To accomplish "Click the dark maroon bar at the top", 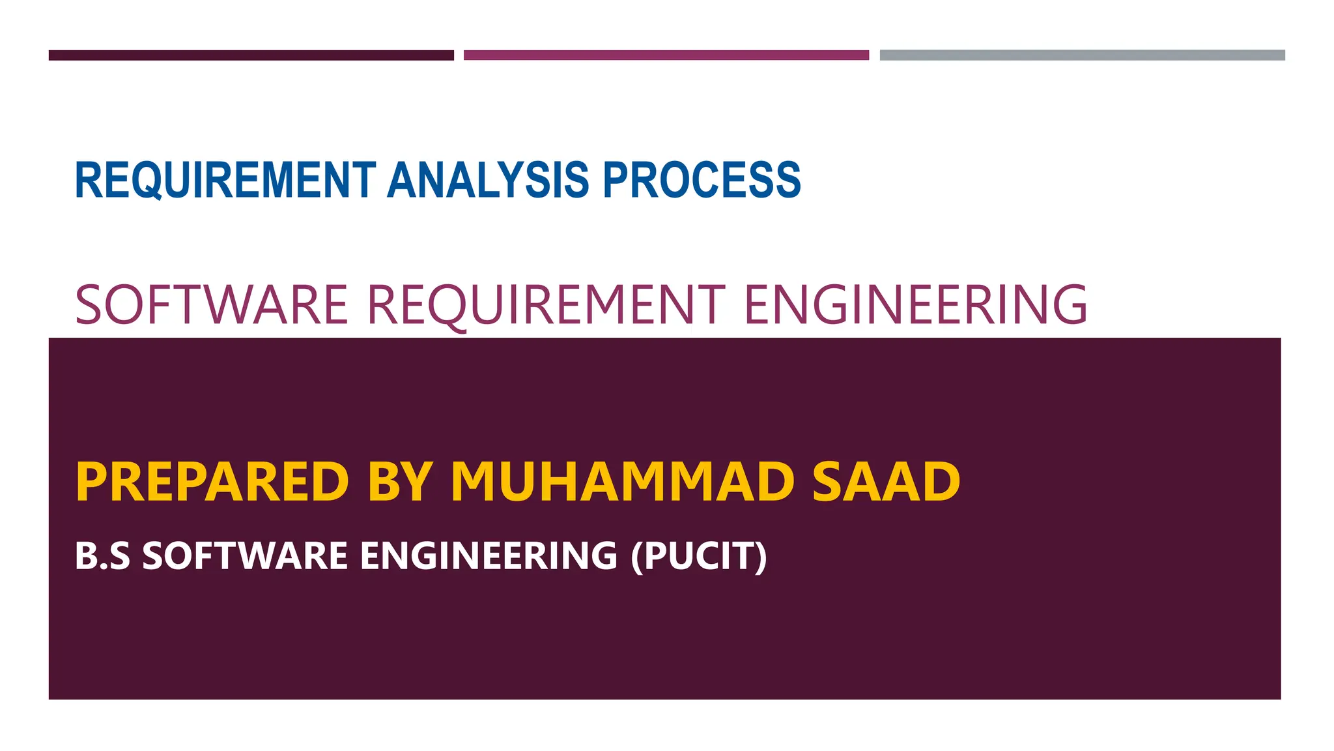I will tap(251, 55).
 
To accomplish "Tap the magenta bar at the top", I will tap(666, 55).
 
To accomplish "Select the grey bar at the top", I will tap(1082, 55).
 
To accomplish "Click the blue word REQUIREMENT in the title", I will tap(225, 180).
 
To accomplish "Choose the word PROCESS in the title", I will tap(702, 180).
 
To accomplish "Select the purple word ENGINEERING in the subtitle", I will tap(915, 304).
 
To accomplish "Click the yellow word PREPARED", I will tap(212, 482).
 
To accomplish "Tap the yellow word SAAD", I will tap(886, 482).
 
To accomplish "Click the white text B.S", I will tap(102, 556).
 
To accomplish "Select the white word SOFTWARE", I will tap(245, 556).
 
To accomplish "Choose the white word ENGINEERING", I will tap(489, 556).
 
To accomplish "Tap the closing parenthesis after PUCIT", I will tap(760, 556).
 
